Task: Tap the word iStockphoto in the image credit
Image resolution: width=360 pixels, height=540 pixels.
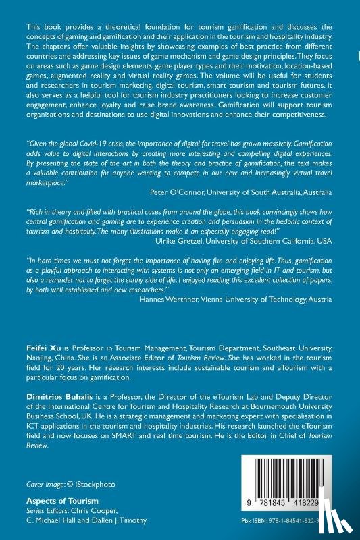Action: coord(89,485)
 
